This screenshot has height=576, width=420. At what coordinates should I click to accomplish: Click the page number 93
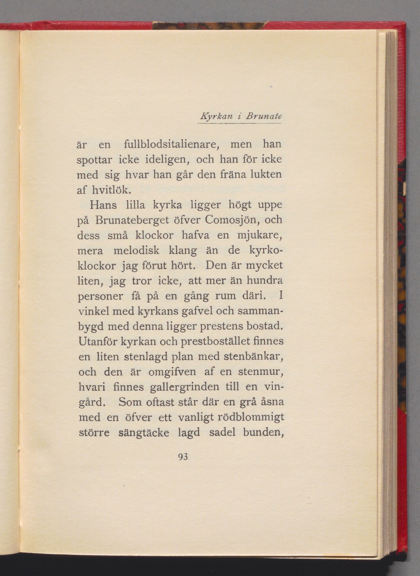(x=183, y=457)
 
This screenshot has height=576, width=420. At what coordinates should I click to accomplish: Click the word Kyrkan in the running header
(x=217, y=116)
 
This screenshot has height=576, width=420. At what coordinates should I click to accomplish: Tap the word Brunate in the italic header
(x=263, y=116)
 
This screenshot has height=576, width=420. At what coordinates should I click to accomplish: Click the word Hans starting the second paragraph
(x=103, y=205)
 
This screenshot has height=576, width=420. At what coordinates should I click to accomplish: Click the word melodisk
(x=136, y=250)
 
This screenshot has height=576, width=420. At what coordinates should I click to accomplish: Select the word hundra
(x=265, y=281)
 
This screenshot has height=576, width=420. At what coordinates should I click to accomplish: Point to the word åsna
(x=272, y=402)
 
